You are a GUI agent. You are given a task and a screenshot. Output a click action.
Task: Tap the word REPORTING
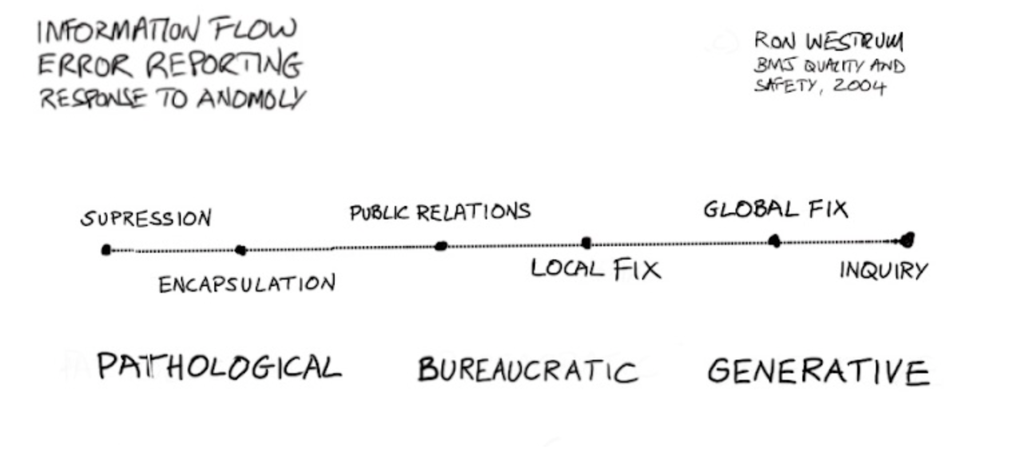(224, 65)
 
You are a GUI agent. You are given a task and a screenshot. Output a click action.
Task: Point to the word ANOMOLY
(251, 99)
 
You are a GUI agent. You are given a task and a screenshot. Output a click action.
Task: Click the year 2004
(859, 86)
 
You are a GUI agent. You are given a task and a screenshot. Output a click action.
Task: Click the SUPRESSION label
(146, 219)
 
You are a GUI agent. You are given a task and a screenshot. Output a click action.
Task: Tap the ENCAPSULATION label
(247, 284)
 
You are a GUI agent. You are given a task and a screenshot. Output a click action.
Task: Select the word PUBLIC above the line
(379, 212)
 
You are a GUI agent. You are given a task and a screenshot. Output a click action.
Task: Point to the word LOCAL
(568, 269)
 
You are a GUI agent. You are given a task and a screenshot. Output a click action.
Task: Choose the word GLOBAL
(751, 210)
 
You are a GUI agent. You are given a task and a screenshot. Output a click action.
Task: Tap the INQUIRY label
(884, 270)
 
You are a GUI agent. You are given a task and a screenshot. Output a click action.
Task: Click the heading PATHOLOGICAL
(219, 367)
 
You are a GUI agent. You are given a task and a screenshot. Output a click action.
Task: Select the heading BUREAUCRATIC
(528, 370)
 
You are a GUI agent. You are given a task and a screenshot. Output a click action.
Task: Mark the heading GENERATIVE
(819, 371)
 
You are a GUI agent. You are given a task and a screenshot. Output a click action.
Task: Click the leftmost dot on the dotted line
(106, 250)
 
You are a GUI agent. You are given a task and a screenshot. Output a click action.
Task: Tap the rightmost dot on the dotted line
(906, 240)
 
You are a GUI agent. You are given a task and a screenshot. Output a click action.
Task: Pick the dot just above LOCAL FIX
(586, 243)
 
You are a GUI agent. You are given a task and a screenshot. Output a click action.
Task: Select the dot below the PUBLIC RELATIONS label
(441, 246)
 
